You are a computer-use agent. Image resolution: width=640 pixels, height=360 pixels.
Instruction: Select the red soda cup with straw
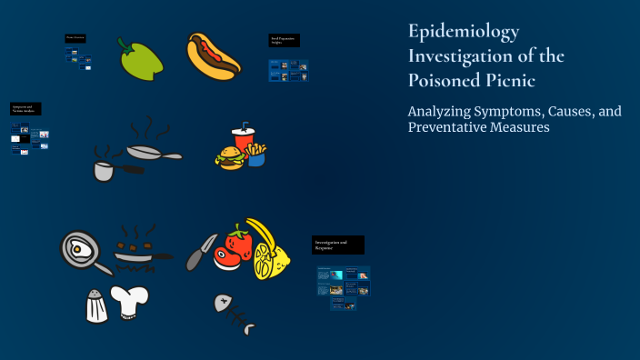coord(243,140)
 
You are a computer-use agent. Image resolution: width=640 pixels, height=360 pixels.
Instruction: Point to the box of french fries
coord(255,154)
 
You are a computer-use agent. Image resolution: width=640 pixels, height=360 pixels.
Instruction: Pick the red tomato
coord(236,245)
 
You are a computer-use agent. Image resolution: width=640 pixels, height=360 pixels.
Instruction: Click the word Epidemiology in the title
coord(464,33)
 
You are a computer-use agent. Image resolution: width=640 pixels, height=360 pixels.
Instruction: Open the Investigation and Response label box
coord(338,245)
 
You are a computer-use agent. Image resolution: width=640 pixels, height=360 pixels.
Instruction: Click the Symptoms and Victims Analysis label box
coord(25,109)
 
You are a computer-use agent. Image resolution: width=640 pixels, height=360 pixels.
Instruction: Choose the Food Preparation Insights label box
coord(284,41)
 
